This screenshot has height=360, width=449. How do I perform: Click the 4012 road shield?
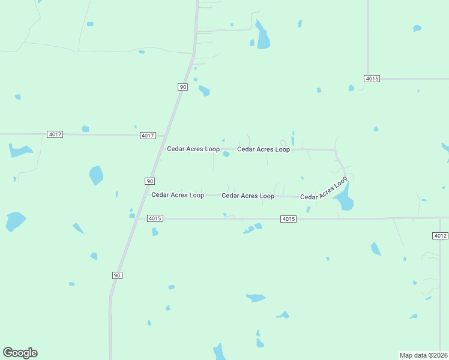[439, 236]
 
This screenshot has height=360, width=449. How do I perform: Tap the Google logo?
[20, 353]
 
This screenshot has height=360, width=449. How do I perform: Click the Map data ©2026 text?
[423, 355]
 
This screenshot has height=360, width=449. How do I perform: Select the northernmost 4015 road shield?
[372, 79]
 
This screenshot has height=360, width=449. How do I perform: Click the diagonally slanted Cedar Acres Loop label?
[324, 188]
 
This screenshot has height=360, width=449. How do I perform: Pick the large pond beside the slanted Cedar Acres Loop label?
[345, 199]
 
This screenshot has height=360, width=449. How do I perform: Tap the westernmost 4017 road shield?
[55, 134]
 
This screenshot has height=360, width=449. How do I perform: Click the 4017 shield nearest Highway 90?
[148, 136]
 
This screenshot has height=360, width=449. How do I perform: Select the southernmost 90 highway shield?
[117, 275]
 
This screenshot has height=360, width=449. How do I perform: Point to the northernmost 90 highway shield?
[182, 87]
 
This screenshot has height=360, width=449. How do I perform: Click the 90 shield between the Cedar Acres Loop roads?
[149, 181]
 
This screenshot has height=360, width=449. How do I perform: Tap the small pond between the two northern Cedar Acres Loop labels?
[226, 154]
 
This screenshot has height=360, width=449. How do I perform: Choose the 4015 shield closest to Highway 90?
[155, 218]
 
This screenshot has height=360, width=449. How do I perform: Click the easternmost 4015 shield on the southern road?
[288, 219]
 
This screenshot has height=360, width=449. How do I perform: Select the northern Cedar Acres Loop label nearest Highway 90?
[193, 149]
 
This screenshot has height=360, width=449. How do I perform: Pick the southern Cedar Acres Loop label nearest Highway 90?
[177, 194]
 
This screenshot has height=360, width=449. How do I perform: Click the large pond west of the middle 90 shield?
[96, 175]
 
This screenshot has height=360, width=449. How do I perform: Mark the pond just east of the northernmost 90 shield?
[204, 91]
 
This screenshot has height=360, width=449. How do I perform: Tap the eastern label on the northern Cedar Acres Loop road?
[264, 149]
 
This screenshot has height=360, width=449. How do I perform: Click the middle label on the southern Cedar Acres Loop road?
[248, 196]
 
